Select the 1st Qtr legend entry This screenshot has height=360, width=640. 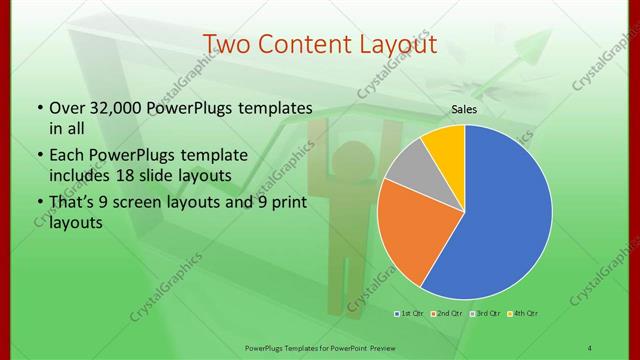pos(410,314)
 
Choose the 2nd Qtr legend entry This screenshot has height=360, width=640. pos(446,314)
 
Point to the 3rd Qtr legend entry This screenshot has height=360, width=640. pos(483,314)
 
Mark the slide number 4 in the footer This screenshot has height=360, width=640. pos(590,347)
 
